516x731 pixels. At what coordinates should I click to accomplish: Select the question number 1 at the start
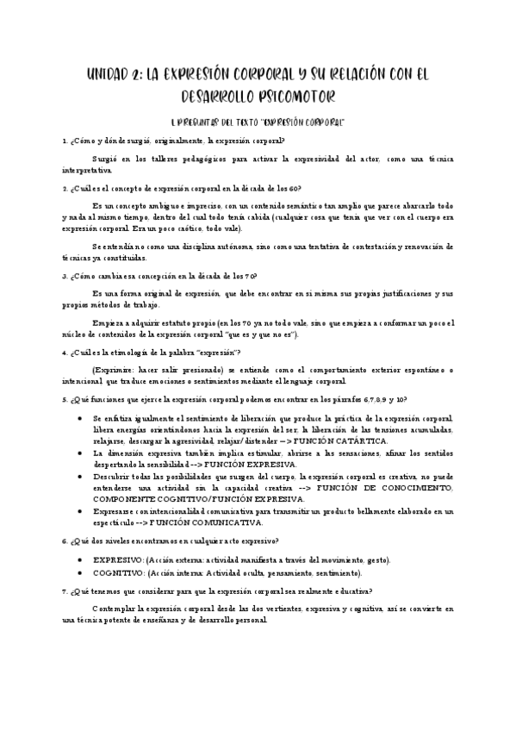[65, 140]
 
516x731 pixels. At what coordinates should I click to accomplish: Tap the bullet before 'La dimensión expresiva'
[80, 453]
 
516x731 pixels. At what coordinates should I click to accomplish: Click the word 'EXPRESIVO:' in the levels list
[119, 560]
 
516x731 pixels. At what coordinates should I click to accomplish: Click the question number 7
[65, 591]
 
